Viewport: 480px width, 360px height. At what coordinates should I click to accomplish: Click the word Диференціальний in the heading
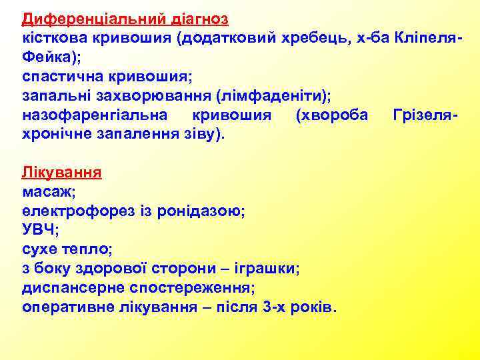[x=85, y=17]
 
